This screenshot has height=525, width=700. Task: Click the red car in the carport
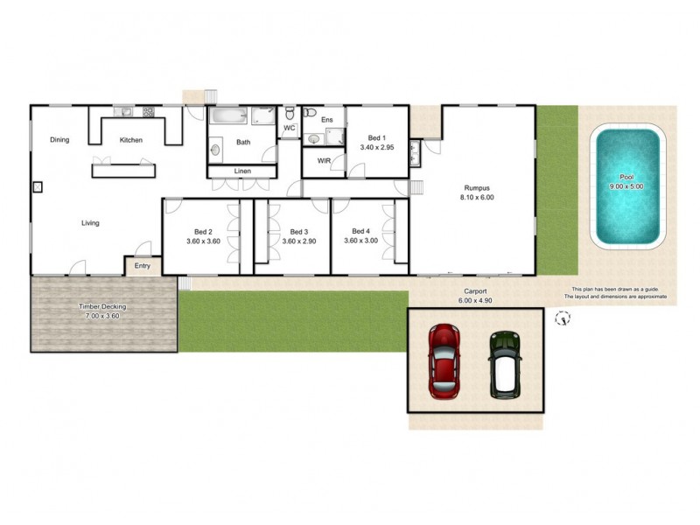[x=444, y=360]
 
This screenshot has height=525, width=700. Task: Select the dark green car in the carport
[x=504, y=363]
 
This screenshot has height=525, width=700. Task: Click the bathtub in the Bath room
[x=228, y=116]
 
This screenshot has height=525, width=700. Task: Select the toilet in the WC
[x=290, y=114]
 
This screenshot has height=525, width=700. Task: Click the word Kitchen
[x=131, y=140]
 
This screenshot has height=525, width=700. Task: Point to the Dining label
[x=59, y=140]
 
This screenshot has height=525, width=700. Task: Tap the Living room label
[x=90, y=223]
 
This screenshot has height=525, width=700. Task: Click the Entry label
[x=143, y=266]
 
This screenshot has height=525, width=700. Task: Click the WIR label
[x=324, y=161]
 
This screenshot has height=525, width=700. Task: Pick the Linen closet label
[x=241, y=171]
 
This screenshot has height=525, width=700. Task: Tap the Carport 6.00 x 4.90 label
[x=475, y=296]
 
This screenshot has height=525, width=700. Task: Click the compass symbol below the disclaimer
[x=563, y=318]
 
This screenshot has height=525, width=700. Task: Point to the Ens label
[x=327, y=119]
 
